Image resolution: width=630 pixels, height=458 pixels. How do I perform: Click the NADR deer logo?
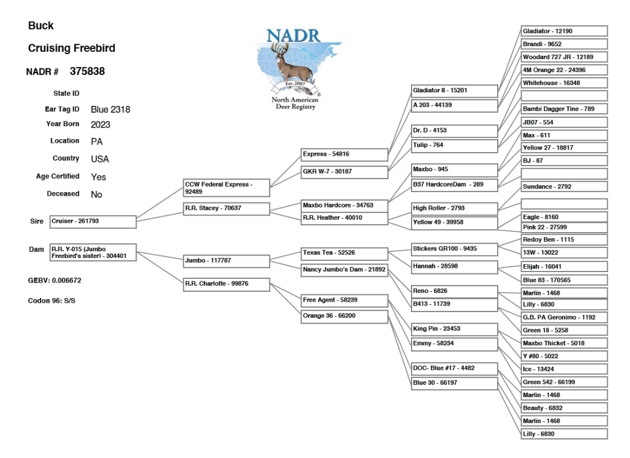click(x=298, y=69)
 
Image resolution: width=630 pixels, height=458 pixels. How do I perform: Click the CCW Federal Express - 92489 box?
click(x=226, y=187)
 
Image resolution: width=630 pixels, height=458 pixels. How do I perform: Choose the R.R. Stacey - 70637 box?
click(x=226, y=208)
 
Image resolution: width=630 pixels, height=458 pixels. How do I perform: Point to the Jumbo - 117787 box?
click(x=226, y=261)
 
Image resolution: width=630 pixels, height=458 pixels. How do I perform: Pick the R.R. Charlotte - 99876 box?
click(x=226, y=284)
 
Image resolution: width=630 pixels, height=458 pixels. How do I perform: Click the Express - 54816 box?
click(x=344, y=154)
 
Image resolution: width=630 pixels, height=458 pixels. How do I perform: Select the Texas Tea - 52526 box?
click(x=344, y=252)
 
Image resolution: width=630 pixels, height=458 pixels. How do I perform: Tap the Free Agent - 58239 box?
click(x=344, y=300)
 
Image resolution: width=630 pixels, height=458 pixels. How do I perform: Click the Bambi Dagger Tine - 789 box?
click(x=564, y=109)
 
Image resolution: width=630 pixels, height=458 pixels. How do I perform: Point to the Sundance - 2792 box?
click(x=564, y=186)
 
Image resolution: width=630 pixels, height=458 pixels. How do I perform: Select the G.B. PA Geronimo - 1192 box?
click(x=564, y=318)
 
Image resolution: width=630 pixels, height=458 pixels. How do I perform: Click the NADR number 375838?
click(x=83, y=71)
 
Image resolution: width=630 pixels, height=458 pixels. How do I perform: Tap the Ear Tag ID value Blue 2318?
click(x=111, y=110)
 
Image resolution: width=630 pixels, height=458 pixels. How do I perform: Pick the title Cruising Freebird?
click(x=72, y=48)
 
